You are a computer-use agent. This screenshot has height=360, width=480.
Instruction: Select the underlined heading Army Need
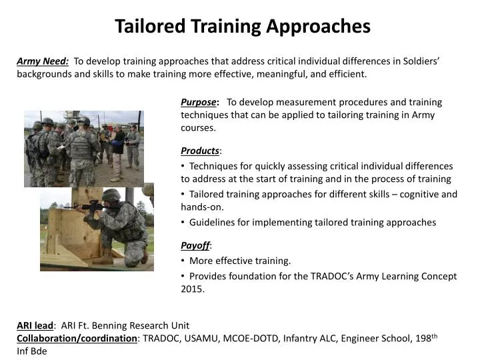point(43,61)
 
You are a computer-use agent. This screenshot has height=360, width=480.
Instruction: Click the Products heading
point(199,151)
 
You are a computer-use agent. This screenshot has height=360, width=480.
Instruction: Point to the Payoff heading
point(195,246)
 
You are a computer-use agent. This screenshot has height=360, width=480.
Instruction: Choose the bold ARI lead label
point(35,325)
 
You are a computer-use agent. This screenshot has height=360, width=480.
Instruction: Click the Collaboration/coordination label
point(77,338)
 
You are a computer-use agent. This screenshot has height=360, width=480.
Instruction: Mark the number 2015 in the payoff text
point(192,289)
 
